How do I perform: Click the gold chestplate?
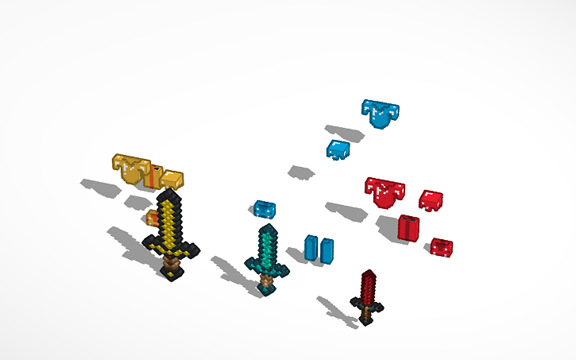130,168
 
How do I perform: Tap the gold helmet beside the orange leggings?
172,180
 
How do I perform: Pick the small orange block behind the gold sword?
149,218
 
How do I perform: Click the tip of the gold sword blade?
168,195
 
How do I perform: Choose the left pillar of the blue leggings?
311,247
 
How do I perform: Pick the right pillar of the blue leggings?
327,249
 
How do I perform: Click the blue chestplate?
380,114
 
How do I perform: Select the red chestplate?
385,192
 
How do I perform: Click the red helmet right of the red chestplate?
431,200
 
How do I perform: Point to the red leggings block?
408,227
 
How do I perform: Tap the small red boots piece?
441,247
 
